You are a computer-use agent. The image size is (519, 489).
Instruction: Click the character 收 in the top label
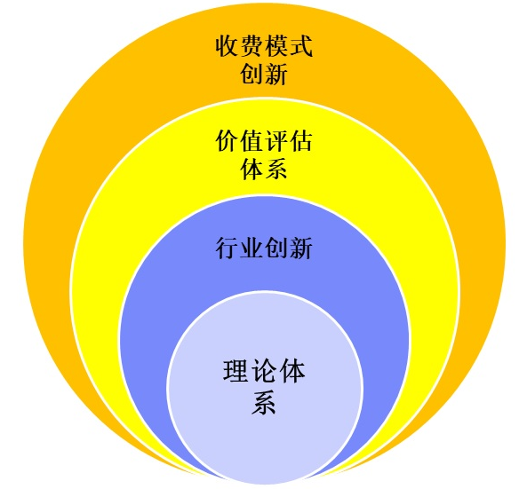click(228, 46)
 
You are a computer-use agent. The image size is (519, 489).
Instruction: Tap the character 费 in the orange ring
click(252, 46)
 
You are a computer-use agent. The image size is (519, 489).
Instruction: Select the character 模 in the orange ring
click(276, 46)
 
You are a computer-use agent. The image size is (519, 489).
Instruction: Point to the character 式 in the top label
click(300, 46)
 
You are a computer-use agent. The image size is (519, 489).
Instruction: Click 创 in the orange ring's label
click(252, 74)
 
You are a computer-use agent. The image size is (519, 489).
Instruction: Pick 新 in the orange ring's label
click(276, 74)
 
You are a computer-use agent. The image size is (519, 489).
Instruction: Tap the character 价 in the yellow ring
click(228, 141)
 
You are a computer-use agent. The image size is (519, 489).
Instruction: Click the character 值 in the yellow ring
click(252, 141)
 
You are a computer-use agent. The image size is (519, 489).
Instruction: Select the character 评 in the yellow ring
click(276, 141)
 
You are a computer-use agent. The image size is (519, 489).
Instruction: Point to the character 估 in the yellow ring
click(300, 141)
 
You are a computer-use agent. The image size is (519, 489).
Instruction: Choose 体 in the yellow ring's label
click(252, 169)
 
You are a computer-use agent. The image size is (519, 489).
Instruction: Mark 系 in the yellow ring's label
click(276, 169)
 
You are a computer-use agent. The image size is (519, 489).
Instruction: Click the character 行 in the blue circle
click(228, 248)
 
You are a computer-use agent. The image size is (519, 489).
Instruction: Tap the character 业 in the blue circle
click(252, 248)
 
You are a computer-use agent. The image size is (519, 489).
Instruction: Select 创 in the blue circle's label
click(276, 248)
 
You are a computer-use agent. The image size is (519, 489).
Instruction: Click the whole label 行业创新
click(264, 248)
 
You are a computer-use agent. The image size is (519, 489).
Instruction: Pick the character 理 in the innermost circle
click(236, 371)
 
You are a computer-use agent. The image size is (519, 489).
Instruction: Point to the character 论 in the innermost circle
click(264, 371)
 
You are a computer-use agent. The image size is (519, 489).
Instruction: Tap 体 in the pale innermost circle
click(291, 371)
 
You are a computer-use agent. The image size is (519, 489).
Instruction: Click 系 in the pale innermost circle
click(264, 402)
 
